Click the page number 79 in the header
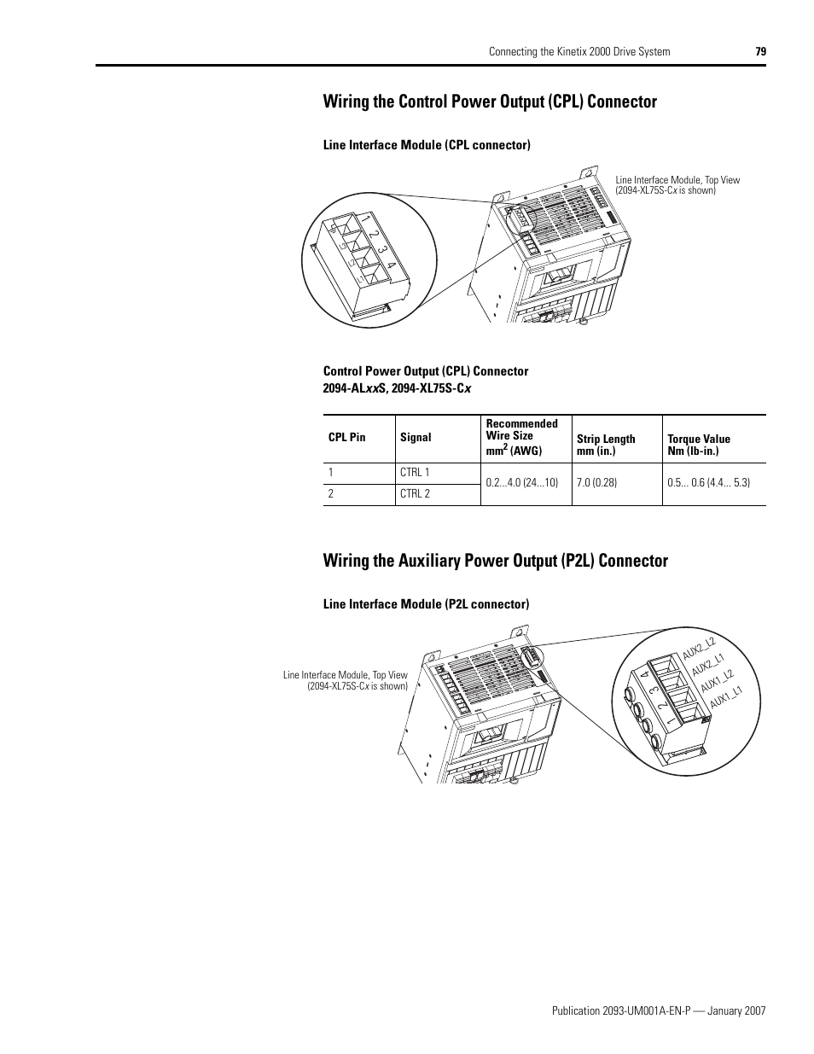[x=760, y=51]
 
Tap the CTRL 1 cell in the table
[x=415, y=473]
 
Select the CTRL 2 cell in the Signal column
[x=415, y=494]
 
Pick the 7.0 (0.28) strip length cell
[x=596, y=482]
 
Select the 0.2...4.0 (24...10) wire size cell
[x=521, y=482]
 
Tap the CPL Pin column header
[x=346, y=437]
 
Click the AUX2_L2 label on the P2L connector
[x=698, y=648]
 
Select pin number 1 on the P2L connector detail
[x=648, y=722]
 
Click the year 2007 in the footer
[x=754, y=1010]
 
